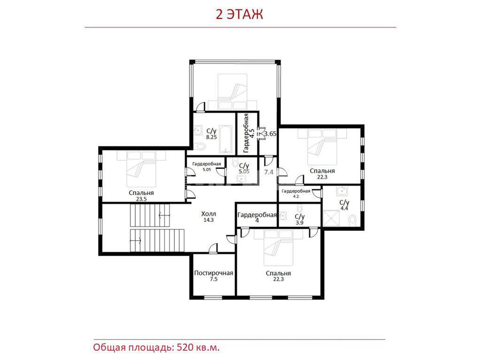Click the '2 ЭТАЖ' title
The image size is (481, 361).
tap(239, 15)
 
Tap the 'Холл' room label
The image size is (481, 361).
tap(209, 214)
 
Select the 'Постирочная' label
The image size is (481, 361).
tap(214, 273)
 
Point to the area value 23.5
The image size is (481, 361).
tap(141, 199)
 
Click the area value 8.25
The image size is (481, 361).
tap(211, 137)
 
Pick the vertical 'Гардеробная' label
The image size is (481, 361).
tap(246, 133)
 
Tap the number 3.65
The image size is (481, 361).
tap(270, 133)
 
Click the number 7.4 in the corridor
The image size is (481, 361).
tap(269, 172)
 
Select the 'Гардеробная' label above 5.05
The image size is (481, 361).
tap(207, 164)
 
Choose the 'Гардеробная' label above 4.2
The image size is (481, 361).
tap(296, 191)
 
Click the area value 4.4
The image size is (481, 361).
tap(344, 208)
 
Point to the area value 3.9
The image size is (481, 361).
tap(299, 222)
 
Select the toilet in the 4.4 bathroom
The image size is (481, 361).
tap(352, 220)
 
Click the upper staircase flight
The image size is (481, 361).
tap(150, 215)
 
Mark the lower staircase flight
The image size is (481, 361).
tap(157, 240)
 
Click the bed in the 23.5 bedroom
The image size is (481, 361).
tap(141, 169)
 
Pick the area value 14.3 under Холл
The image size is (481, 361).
tap(209, 220)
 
